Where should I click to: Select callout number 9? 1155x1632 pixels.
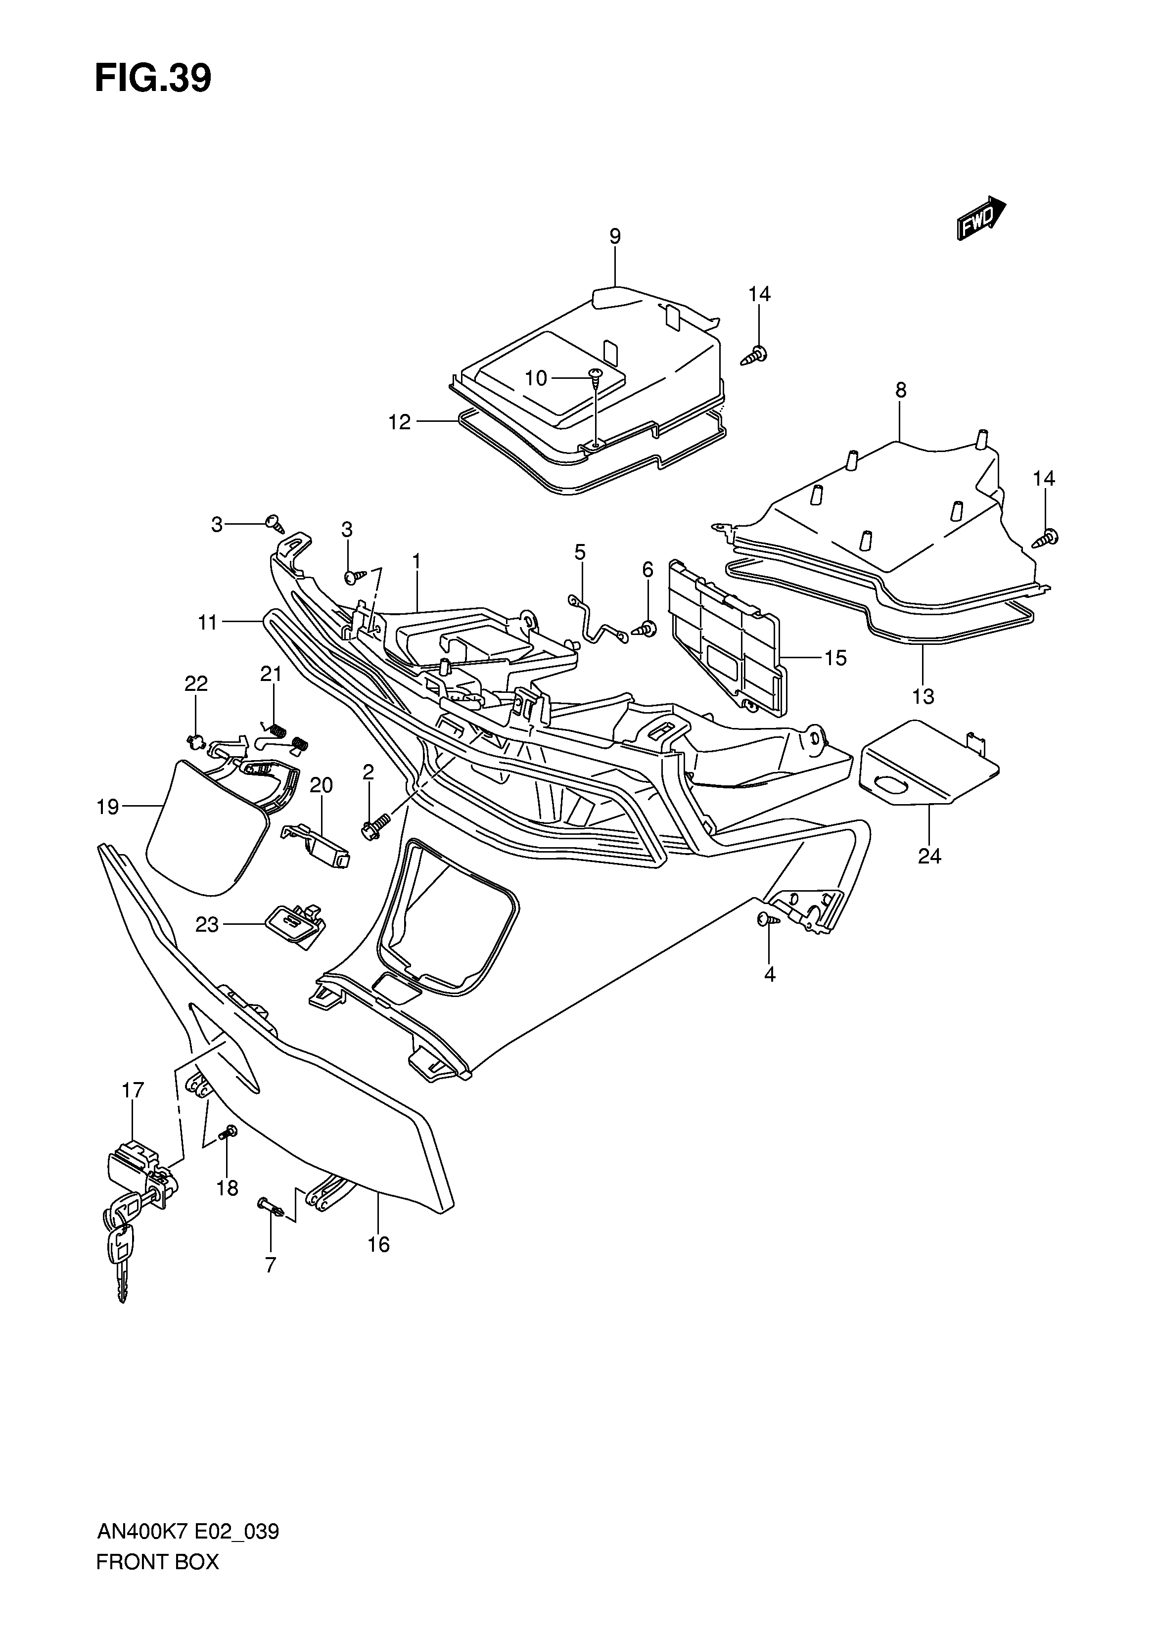coord(615,237)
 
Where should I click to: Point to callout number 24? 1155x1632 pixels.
coord(929,856)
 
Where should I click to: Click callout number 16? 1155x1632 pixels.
coord(379,1244)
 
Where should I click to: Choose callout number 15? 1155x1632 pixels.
coord(835,658)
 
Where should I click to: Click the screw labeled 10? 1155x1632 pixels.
coord(595,375)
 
